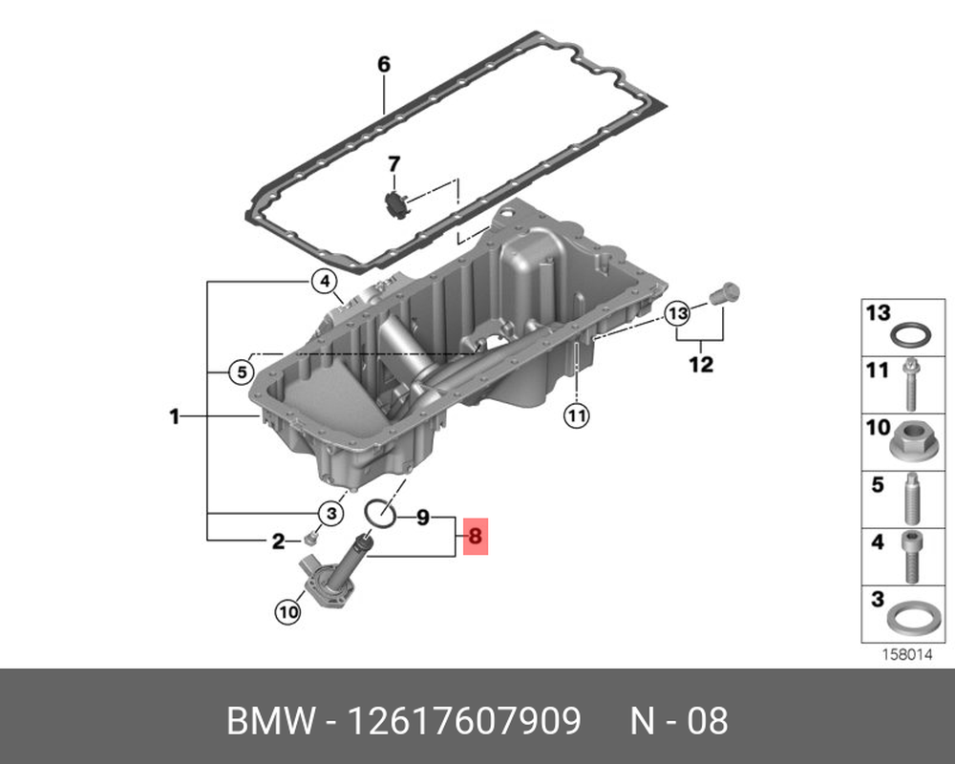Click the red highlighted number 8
(475, 536)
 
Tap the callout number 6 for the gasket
(384, 64)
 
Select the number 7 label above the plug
(394, 164)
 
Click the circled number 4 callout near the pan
(325, 282)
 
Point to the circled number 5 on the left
(242, 371)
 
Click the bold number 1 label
(175, 416)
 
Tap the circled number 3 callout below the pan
(331, 513)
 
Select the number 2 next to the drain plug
(278, 541)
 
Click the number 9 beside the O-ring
(423, 518)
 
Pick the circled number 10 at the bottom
(288, 611)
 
